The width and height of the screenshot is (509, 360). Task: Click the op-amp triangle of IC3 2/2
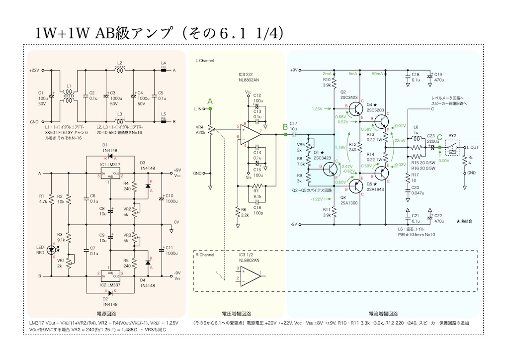click(x=252, y=134)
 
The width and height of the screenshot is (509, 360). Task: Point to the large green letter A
click(x=210, y=101)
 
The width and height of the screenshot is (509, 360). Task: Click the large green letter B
click(x=285, y=126)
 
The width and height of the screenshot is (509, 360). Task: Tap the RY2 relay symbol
click(x=452, y=147)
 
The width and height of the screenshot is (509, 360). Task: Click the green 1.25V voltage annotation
click(x=317, y=108)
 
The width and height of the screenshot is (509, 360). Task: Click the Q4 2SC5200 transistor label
click(x=376, y=107)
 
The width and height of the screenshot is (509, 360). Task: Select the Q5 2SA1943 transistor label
click(x=376, y=192)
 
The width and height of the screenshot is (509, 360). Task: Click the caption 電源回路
click(x=106, y=314)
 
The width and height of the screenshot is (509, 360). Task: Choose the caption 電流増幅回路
click(x=383, y=314)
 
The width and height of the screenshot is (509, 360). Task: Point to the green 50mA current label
click(x=378, y=74)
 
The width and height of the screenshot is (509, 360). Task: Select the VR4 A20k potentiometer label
click(x=200, y=129)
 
